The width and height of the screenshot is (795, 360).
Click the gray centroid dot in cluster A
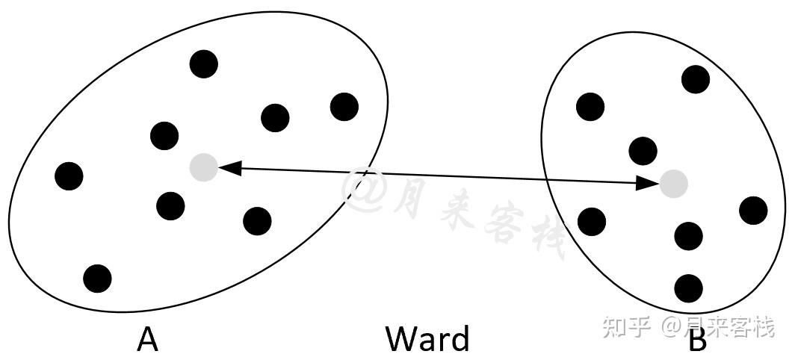point(203,167)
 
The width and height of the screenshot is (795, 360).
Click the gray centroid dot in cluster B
point(673,183)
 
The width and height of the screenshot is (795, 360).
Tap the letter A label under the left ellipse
point(148,339)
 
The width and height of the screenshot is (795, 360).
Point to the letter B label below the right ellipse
point(696,341)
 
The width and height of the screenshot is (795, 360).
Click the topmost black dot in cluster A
point(203,63)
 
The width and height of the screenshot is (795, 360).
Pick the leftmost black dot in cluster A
point(69,176)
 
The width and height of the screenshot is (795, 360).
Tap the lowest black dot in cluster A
point(97,278)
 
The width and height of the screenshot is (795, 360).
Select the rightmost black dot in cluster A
point(344,107)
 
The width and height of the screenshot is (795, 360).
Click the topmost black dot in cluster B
point(696,78)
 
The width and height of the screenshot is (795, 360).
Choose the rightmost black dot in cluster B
point(753,211)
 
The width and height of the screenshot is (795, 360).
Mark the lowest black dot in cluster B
point(688,288)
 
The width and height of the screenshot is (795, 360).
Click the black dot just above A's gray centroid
point(164,136)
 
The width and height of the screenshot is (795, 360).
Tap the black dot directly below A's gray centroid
point(171,205)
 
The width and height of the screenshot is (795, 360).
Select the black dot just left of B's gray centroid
point(643,151)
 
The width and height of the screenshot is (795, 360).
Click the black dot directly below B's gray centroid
point(688,236)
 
